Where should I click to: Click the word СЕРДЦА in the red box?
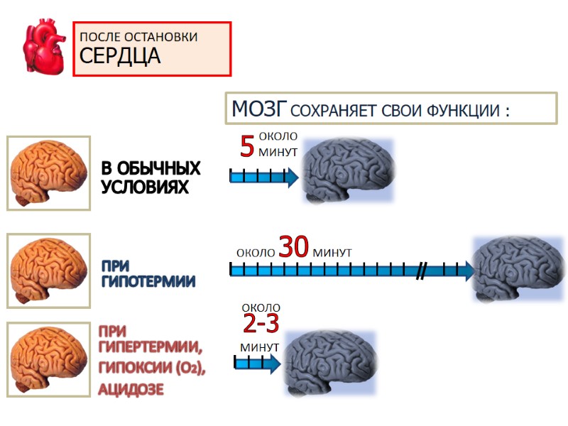tap(120, 56)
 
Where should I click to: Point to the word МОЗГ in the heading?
tap(259, 109)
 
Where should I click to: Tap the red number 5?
tap(247, 147)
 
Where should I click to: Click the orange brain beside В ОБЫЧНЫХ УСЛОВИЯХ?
tap(49, 173)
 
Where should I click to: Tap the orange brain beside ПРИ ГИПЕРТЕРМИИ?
tap(49, 359)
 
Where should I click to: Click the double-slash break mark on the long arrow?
tap(422, 270)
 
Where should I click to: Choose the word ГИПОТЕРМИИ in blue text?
tap(148, 281)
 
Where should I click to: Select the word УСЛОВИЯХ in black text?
tap(146, 187)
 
